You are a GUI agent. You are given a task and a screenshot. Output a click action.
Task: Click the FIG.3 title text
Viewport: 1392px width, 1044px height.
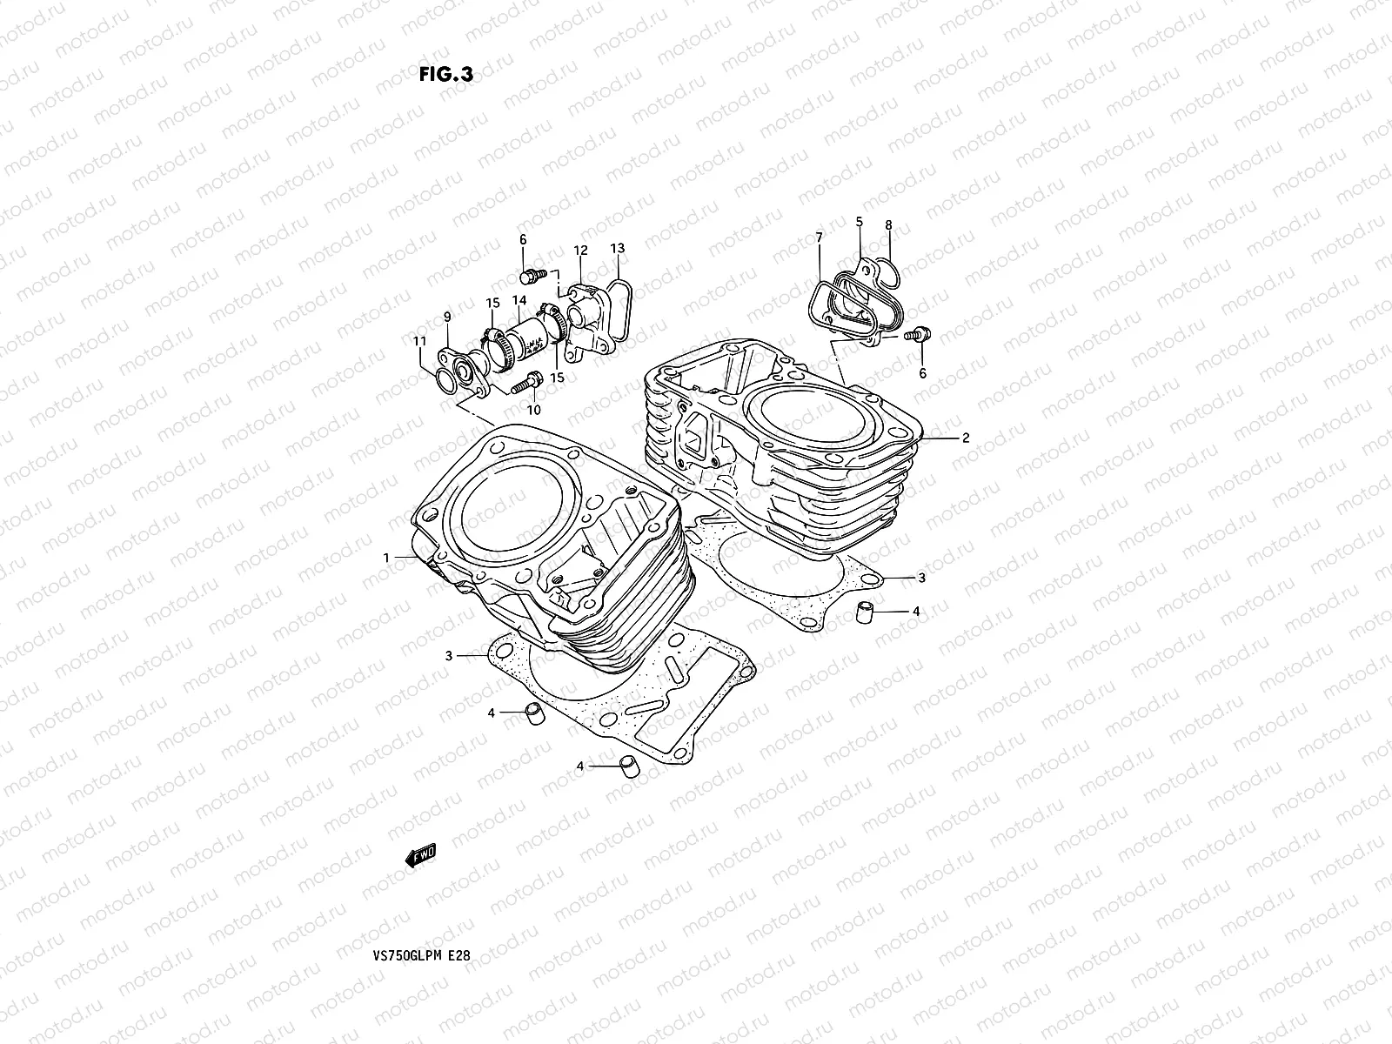pos(445,75)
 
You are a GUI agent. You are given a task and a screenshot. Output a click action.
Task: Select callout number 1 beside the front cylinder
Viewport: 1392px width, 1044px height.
pos(387,556)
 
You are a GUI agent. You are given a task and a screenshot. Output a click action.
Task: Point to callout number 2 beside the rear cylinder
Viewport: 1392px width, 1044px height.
pos(966,438)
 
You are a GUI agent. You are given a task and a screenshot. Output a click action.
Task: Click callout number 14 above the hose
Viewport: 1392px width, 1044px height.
pos(519,301)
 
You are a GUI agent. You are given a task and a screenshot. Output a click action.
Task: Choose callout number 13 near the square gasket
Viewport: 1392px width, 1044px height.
pos(617,249)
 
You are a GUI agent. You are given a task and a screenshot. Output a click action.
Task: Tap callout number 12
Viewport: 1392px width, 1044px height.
pos(580,251)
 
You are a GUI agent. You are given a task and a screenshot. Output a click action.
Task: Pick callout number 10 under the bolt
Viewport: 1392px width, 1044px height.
pos(534,409)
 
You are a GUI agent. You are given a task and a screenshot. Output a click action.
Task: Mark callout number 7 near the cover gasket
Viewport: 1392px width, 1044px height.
pos(819,237)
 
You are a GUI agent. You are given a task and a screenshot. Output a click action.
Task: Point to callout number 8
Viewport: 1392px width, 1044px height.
pos(888,225)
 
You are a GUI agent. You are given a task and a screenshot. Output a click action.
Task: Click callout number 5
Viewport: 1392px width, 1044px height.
pos(859,222)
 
